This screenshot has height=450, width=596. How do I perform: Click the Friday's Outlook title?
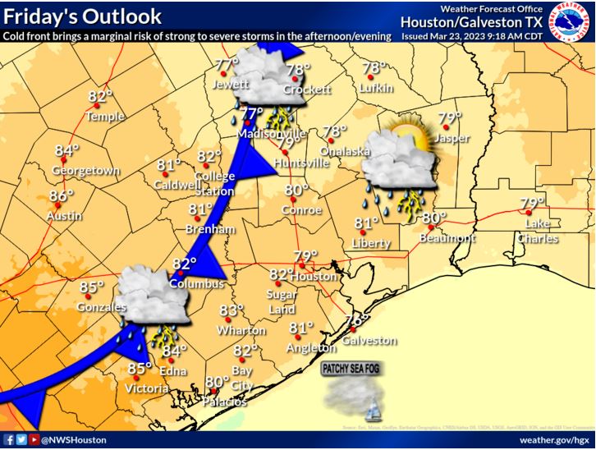coord(80,16)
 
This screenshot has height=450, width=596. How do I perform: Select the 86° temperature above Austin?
coord(60,196)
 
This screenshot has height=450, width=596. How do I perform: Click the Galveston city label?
coord(370,340)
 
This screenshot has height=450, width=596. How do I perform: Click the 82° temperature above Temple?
coord(99,97)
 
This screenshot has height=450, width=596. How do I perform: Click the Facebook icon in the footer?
coord(8,440)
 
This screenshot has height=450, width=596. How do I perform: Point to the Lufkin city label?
coord(376,88)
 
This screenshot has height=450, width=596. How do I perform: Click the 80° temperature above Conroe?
coord(296,190)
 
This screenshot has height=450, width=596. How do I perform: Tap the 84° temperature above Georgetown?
coord(66,151)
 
